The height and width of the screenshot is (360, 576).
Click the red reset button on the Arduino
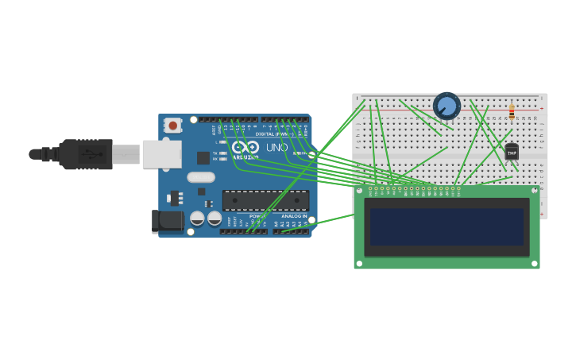click(172, 126)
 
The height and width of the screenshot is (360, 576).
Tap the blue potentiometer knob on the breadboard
click(446, 106)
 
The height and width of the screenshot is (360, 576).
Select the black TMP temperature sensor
click(512, 152)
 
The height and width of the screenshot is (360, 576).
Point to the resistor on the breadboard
click(511, 111)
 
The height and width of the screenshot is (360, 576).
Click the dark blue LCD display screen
click(446, 226)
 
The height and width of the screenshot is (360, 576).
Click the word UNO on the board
click(276, 148)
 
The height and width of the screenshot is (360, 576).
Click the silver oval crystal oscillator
click(201, 177)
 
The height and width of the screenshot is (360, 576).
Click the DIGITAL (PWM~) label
click(273, 134)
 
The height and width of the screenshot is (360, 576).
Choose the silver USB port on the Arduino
click(161, 153)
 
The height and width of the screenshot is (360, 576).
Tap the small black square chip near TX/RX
click(203, 157)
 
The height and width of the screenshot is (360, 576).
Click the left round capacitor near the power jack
click(198, 218)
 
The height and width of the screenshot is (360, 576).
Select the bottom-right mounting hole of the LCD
click(534, 263)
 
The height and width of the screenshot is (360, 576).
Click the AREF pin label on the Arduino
click(214, 128)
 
